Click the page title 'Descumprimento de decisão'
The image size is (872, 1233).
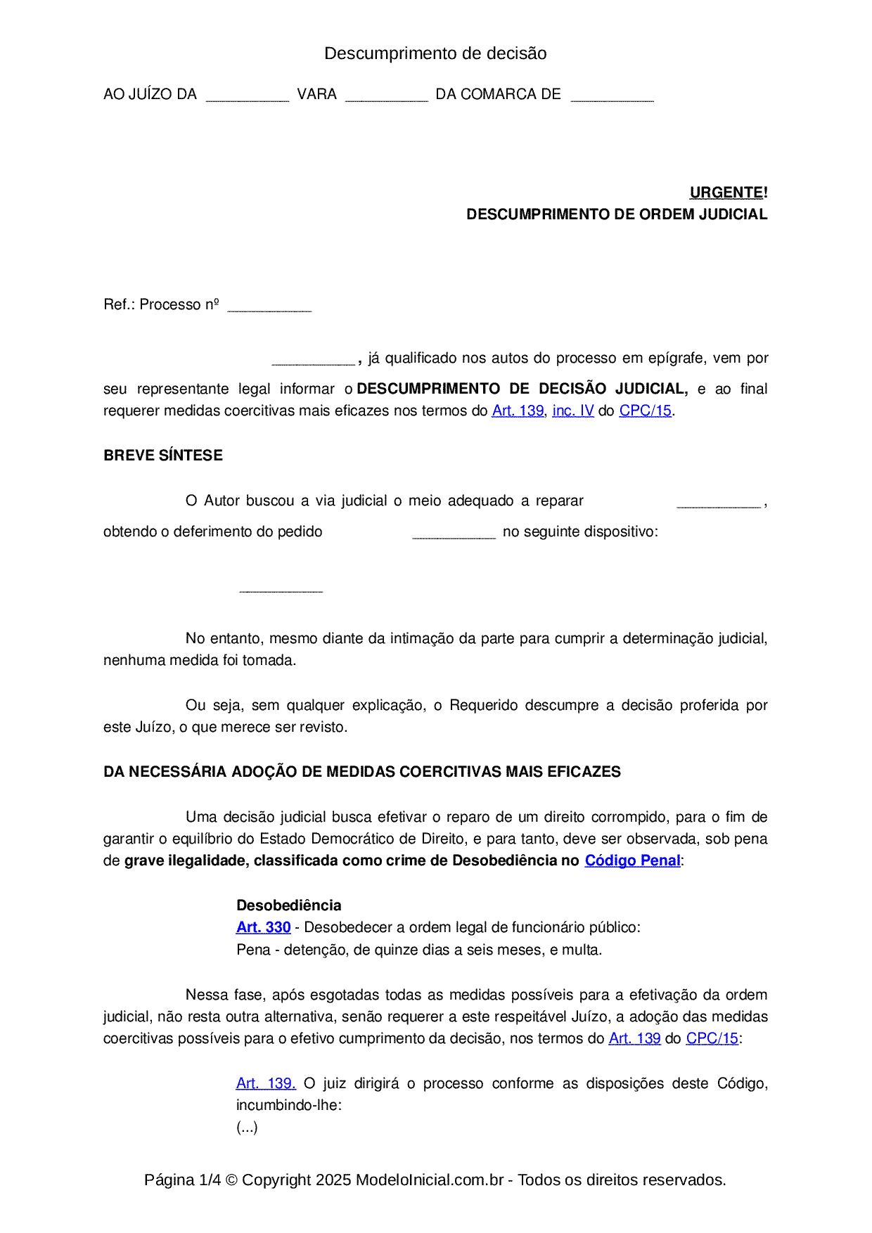pos(435,53)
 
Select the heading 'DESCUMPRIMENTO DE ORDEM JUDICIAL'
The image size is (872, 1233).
pos(616,214)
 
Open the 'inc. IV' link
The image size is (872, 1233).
pos(572,411)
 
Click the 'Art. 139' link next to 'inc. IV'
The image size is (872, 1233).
pos(518,411)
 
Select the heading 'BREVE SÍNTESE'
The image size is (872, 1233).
pos(163,456)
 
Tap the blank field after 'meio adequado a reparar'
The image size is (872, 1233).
pos(718,502)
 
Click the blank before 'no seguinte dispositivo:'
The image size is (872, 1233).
pos(454,533)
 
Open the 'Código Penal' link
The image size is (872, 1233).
pos(632,860)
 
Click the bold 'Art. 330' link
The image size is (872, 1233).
pos(263,927)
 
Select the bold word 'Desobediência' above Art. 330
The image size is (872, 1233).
pos(288,905)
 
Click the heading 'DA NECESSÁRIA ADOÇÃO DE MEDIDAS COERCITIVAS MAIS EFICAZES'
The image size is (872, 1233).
pos(361,772)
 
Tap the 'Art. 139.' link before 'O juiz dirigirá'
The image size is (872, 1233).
pos(266,1083)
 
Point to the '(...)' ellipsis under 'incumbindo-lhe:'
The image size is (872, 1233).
pos(247,1128)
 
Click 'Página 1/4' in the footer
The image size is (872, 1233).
pos(182,1180)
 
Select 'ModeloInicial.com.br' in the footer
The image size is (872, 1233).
pos(429,1180)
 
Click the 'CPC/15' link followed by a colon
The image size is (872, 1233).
pos(712,1038)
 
